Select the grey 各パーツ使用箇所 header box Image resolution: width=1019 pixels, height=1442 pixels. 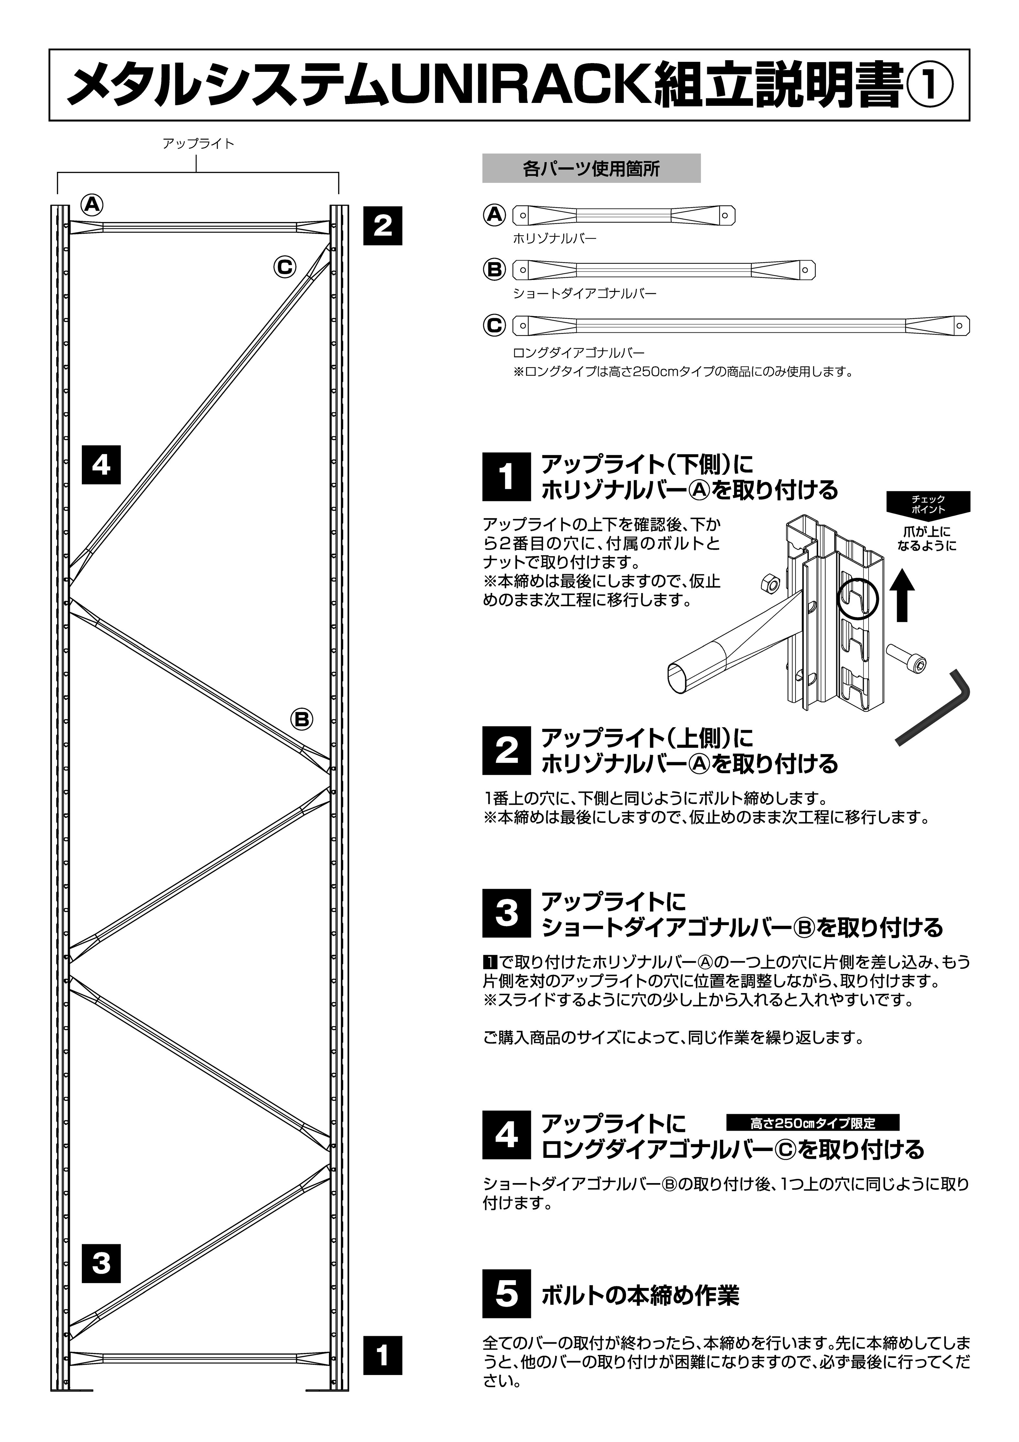pyautogui.click(x=591, y=168)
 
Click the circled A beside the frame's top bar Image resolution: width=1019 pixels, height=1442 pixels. pyautogui.click(x=92, y=205)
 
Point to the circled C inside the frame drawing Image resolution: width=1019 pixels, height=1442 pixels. pyautogui.click(x=284, y=268)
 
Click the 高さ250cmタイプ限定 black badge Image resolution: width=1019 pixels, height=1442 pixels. pyautogui.click(x=812, y=1122)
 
